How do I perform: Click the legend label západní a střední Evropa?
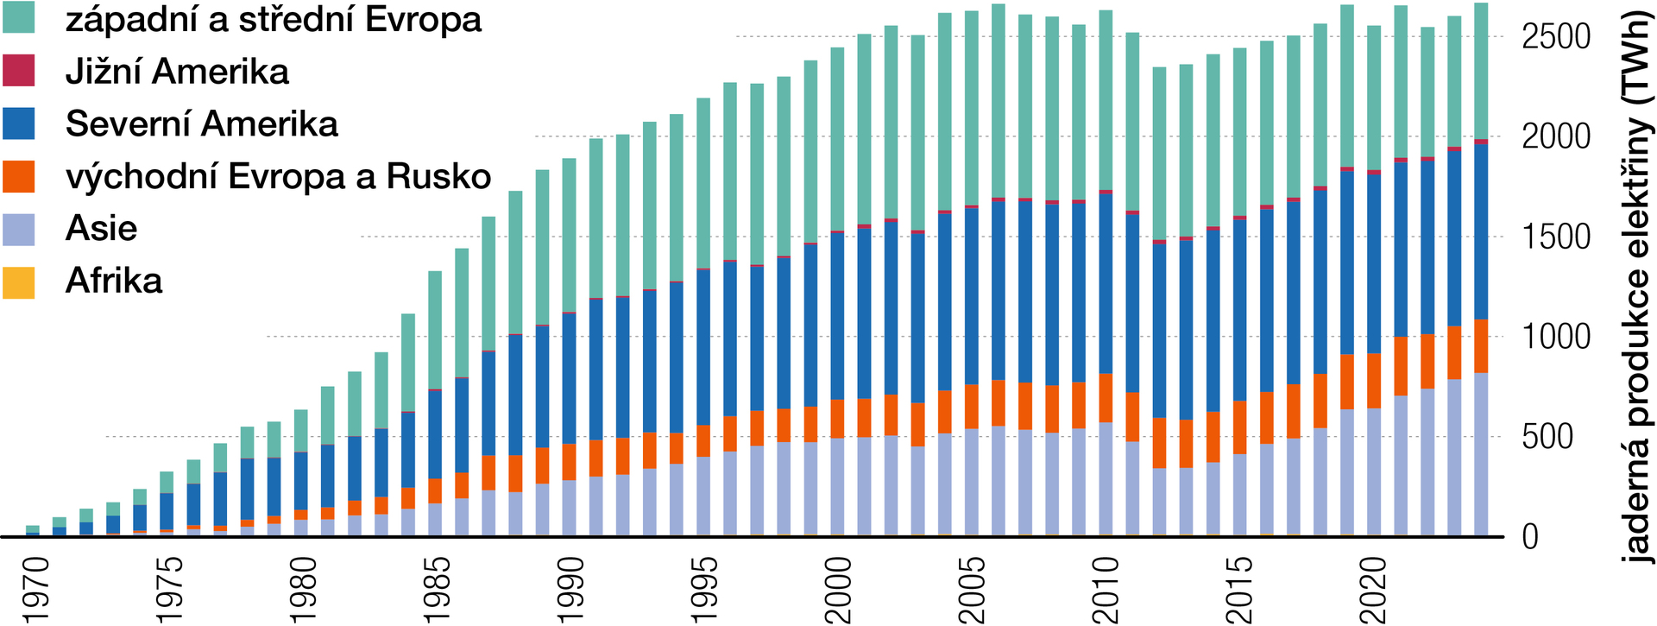(x=273, y=19)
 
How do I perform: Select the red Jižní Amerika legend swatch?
(x=18, y=71)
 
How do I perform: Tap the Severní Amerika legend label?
(x=201, y=123)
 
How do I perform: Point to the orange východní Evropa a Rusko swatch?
(x=18, y=176)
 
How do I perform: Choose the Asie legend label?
(x=101, y=229)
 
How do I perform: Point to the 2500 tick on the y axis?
(x=1555, y=36)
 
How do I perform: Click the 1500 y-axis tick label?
(x=1555, y=237)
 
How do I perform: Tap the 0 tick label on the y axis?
(x=1530, y=537)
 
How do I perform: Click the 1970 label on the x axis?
(x=37, y=590)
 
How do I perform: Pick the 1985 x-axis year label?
(x=438, y=590)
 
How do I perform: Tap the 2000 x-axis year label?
(x=838, y=590)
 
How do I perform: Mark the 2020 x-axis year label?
(x=1372, y=590)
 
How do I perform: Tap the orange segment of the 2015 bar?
(x=1238, y=427)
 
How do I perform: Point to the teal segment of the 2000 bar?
(x=837, y=139)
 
